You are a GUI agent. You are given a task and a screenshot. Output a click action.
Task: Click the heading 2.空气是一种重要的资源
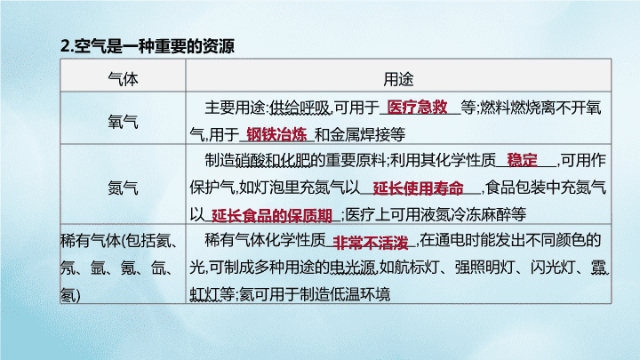[x=148, y=45]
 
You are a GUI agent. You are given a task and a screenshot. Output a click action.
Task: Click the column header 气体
[x=123, y=79]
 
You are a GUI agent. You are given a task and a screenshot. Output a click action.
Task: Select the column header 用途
[x=398, y=79]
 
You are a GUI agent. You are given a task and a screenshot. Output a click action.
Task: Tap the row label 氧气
[x=123, y=122]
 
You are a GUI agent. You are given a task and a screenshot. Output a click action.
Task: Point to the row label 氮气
[x=123, y=188]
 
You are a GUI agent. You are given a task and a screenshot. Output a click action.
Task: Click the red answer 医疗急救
[x=417, y=108]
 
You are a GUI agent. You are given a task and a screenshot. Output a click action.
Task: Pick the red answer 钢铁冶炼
[x=276, y=134]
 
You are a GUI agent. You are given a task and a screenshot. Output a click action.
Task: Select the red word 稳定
[x=522, y=160]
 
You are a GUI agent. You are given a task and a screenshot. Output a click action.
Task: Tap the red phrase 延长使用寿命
[x=419, y=188]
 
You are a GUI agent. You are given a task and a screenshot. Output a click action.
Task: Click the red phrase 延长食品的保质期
[x=271, y=215]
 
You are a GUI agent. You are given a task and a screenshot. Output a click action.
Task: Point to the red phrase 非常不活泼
[x=371, y=243]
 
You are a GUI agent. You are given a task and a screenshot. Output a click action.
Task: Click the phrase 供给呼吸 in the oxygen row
[x=300, y=108]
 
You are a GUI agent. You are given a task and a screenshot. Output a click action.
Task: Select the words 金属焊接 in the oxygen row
[x=360, y=134]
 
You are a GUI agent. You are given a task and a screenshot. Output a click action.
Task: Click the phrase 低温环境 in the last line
[x=360, y=294]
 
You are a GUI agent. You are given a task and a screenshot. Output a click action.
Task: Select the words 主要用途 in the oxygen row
[x=235, y=108]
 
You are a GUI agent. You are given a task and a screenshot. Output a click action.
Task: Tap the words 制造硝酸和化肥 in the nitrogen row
[x=258, y=161]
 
